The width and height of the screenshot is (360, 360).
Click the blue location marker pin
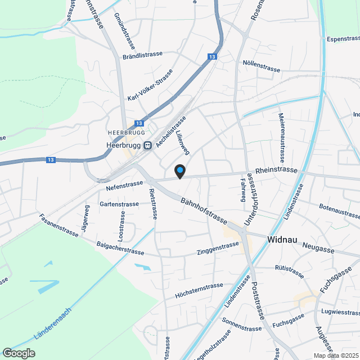point(179,170)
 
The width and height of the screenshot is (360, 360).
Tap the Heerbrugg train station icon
point(147,145)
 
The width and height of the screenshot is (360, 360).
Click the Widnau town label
point(281,240)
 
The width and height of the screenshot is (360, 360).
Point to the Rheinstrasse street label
point(276,170)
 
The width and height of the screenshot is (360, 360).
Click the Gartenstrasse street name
point(119,204)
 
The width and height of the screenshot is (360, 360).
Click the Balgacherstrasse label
point(120,247)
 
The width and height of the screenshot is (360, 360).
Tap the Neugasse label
point(318,247)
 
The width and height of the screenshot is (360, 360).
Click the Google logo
point(19,353)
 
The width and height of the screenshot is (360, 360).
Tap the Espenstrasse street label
point(343,39)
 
